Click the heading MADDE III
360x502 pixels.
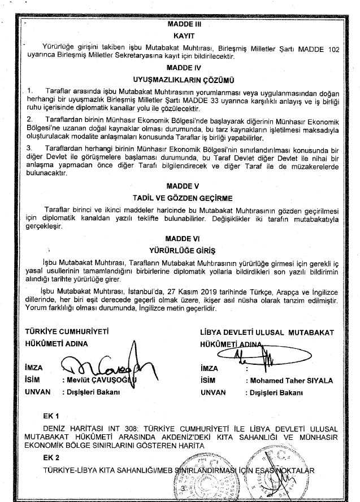click(181, 25)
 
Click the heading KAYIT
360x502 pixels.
click(181, 35)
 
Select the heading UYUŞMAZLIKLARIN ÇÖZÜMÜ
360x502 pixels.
click(181, 79)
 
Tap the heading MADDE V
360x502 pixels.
click(181, 185)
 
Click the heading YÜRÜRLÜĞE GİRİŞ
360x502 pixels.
click(181, 249)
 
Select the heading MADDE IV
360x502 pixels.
click(181, 66)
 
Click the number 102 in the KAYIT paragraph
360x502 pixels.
click(333, 50)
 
